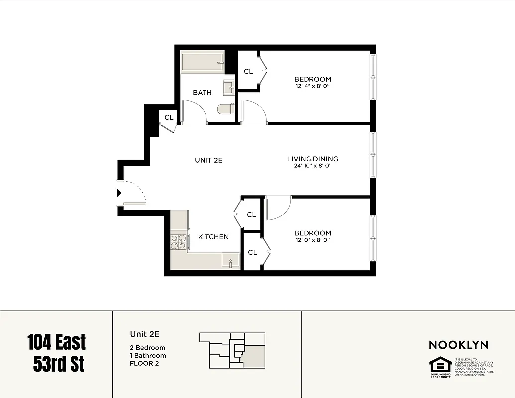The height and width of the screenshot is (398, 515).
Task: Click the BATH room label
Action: point(202,92)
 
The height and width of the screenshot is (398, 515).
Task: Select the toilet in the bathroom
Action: point(225,108)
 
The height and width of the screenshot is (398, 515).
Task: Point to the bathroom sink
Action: point(229,88)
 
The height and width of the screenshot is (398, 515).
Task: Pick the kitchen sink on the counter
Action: point(230,262)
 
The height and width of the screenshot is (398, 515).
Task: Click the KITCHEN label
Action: point(213,237)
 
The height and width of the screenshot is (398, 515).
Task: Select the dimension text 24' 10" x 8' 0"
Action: point(312,166)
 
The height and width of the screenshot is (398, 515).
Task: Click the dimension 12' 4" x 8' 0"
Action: point(312,86)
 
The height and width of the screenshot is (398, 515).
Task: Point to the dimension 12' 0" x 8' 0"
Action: point(312,240)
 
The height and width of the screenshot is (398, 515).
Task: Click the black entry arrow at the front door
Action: point(119,193)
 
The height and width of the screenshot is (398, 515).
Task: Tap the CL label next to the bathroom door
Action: point(169,118)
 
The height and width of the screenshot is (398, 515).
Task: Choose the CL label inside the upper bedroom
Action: point(248,71)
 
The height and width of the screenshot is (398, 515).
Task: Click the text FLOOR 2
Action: point(145,364)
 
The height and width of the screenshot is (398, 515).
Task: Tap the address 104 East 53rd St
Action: point(56,353)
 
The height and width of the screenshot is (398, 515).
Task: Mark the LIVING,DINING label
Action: point(312,159)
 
